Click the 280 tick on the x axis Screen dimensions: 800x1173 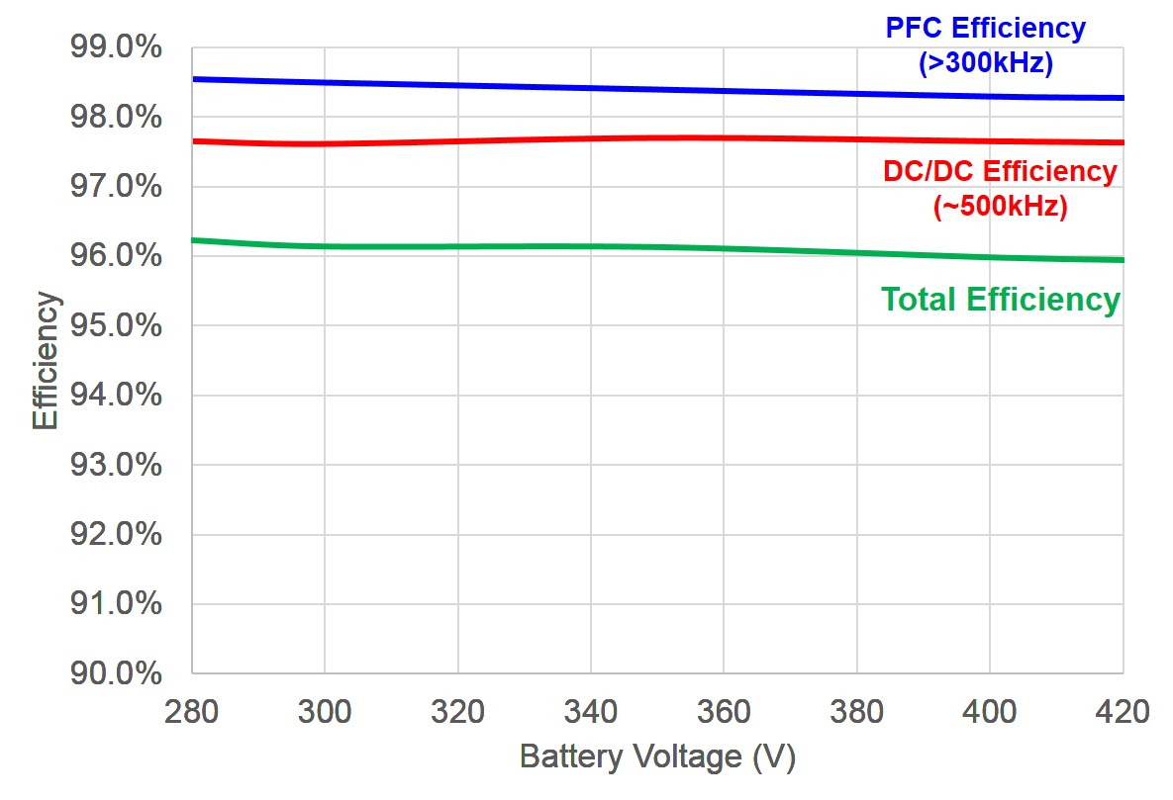(x=192, y=712)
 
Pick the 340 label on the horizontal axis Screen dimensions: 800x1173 (x=591, y=712)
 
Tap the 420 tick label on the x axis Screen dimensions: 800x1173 (x=1123, y=712)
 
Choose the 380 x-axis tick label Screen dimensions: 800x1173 (x=856, y=712)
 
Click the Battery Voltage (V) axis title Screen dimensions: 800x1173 (x=657, y=757)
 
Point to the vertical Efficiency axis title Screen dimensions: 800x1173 (x=46, y=360)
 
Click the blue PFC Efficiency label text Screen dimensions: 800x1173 (x=985, y=28)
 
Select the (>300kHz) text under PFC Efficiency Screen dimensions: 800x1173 (x=985, y=63)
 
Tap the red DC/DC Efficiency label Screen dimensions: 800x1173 (x=1000, y=171)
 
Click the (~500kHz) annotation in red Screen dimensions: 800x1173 (x=1000, y=208)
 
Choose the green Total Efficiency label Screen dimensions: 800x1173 (x=1000, y=300)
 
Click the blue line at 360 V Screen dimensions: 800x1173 (x=724, y=91)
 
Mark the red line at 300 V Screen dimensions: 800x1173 (x=325, y=143)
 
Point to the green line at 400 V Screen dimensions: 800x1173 (x=990, y=257)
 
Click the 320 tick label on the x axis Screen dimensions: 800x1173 (x=457, y=712)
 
